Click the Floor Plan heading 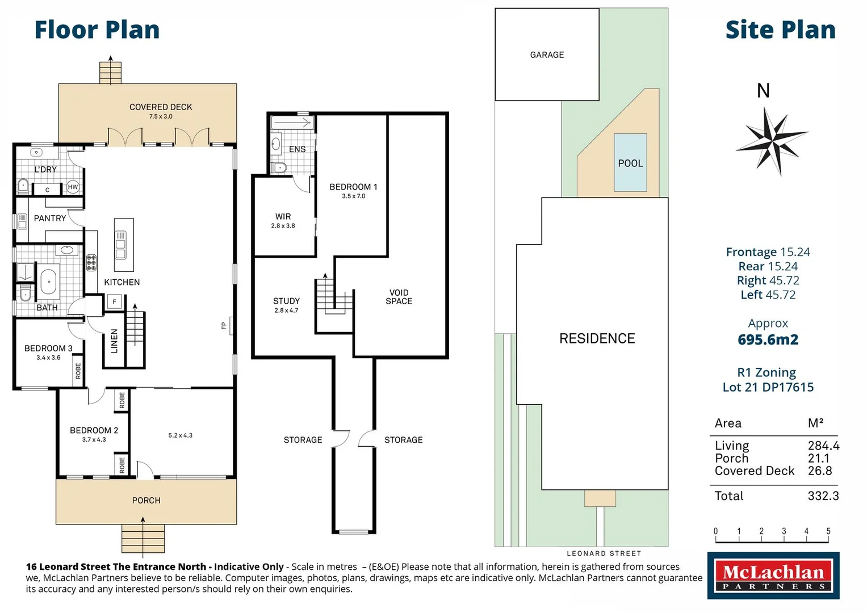(97, 30)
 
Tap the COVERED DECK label (161, 107)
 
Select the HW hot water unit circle (73, 187)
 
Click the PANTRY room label (50, 219)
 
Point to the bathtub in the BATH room (48, 282)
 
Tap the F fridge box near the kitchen (114, 302)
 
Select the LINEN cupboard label (114, 341)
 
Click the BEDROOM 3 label (48, 349)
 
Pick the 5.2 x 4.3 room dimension (180, 435)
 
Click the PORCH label (146, 501)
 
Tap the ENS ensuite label (297, 149)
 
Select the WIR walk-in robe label (283, 217)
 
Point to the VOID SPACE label (399, 297)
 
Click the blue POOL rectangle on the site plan (630, 163)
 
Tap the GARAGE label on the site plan (547, 55)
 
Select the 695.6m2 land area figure (768, 339)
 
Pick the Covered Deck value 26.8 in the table (819, 471)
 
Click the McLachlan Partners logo (773, 576)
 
